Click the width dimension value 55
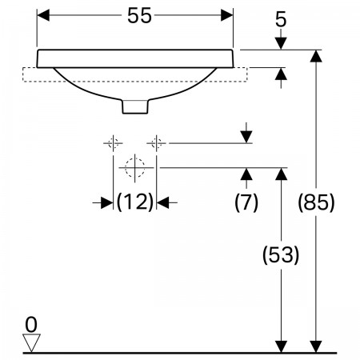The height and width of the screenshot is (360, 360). [x=139, y=15]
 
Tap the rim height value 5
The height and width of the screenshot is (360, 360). [x=281, y=19]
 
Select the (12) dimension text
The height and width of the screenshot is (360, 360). [x=135, y=202]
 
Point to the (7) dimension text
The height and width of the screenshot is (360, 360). [x=246, y=202]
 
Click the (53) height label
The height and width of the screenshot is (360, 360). [x=281, y=255]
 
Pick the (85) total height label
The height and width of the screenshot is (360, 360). [x=316, y=202]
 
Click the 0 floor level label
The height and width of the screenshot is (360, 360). [x=31, y=325]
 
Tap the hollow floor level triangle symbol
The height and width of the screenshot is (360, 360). [x=31, y=342]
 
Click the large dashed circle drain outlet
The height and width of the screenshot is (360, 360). [x=135, y=168]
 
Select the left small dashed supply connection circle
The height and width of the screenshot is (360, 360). [x=114, y=143]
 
